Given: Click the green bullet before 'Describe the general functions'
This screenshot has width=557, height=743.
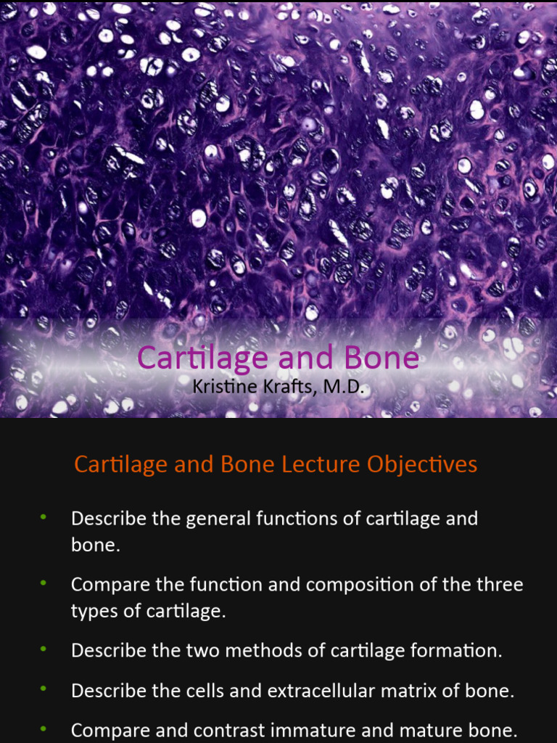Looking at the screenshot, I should pyautogui.click(x=44, y=517).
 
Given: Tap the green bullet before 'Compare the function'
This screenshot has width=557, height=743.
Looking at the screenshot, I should pyautogui.click(x=44, y=583).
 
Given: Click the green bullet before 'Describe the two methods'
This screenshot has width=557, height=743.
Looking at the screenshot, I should pyautogui.click(x=44, y=648).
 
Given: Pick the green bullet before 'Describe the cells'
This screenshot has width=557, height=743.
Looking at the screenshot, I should pyautogui.click(x=44, y=688).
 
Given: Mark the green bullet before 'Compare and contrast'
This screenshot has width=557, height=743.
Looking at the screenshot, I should pyautogui.click(x=44, y=728).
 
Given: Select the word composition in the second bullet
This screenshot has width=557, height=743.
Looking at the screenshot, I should pyautogui.click(x=355, y=585).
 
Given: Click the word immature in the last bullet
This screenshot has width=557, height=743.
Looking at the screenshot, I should pyautogui.click(x=310, y=731).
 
